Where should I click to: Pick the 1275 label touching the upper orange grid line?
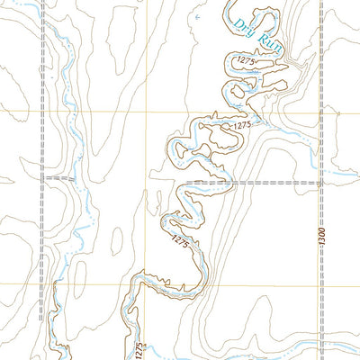(238, 127)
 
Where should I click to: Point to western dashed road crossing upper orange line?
(41, 111)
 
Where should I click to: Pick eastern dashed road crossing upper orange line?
(321, 111)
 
